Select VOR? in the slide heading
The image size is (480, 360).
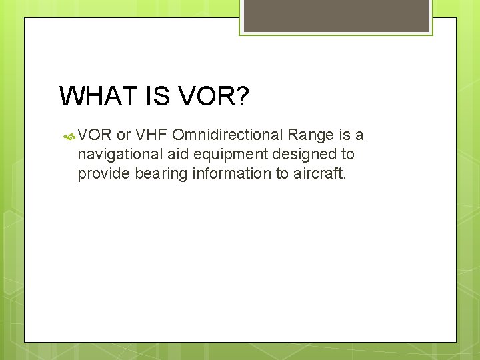pos(214,97)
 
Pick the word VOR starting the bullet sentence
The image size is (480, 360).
pos(95,136)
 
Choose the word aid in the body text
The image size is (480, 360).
pos(177,155)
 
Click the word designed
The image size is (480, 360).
pos(305,155)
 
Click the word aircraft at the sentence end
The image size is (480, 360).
pos(320,174)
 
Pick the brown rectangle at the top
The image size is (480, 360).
pos(336,15)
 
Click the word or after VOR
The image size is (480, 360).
pos(123,136)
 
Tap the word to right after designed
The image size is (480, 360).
pos(347,155)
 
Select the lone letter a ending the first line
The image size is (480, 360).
pos(359,136)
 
